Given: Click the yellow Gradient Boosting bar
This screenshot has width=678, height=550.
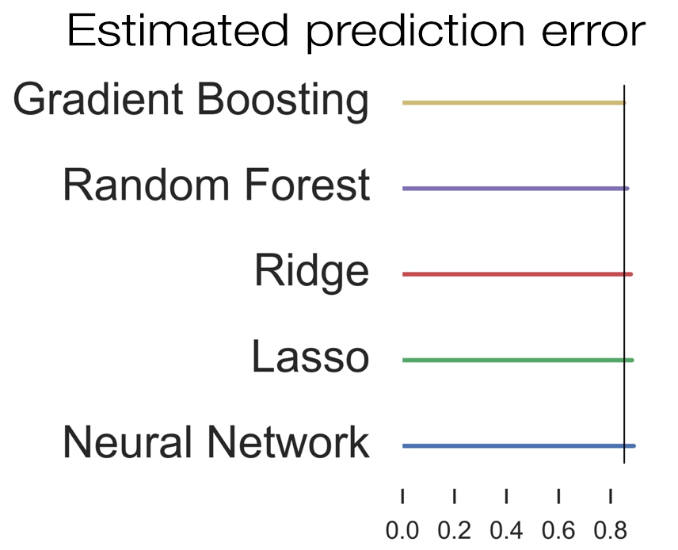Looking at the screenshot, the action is [x=514, y=102].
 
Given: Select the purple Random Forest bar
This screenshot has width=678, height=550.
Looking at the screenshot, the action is [x=516, y=189].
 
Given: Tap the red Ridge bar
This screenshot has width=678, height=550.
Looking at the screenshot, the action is [x=517, y=274].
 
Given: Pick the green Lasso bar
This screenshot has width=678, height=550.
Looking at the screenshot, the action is [x=518, y=360].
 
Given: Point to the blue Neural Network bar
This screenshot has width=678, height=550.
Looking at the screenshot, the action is [x=519, y=445].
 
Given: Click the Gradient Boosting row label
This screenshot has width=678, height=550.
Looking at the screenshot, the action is [x=191, y=101].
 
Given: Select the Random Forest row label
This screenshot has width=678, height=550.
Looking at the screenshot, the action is [x=216, y=185].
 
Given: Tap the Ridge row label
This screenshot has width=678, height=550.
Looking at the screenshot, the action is [x=312, y=272].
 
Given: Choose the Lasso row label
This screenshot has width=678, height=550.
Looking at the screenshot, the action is [x=310, y=356].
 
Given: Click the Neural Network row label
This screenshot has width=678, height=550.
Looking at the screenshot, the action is [x=216, y=441].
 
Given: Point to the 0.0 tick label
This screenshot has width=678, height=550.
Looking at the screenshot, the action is [x=402, y=530].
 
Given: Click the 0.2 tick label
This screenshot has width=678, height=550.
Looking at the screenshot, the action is [x=454, y=530].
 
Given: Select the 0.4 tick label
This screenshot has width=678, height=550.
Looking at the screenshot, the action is [x=506, y=530].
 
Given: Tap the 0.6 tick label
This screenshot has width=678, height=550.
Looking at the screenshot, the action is [x=558, y=530].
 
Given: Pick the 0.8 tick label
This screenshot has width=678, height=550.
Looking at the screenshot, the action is [x=610, y=530].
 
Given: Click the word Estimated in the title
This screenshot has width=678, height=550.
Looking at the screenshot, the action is [x=178, y=30].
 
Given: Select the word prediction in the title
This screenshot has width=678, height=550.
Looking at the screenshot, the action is [x=416, y=32].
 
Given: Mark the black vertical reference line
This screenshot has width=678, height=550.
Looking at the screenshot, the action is [x=624, y=274].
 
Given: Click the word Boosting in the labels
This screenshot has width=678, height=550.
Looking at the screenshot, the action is [x=283, y=102].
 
